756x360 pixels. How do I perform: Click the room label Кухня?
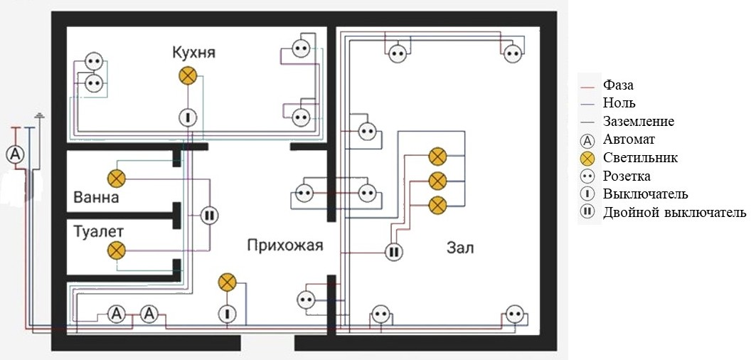pyautogui.click(x=194, y=52)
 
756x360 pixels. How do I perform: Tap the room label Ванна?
pyautogui.click(x=97, y=197)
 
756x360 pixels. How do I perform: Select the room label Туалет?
pyautogui.click(x=98, y=231)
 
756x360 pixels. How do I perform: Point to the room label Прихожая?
pyautogui.click(x=285, y=245)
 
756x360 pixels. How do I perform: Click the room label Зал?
pyautogui.click(x=460, y=248)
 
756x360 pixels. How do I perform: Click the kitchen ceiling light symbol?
pyautogui.click(x=188, y=75)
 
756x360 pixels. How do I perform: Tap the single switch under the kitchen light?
pyautogui.click(x=188, y=117)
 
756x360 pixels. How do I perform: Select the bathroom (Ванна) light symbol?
pyautogui.click(x=116, y=179)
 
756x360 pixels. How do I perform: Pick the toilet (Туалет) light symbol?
pyautogui.click(x=116, y=250)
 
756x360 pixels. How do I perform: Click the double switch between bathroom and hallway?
pyautogui.click(x=209, y=216)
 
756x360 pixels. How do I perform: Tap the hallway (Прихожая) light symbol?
pyautogui.click(x=227, y=282)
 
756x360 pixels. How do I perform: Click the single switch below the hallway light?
pyautogui.click(x=227, y=314)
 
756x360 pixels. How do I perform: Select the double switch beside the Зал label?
pyautogui.click(x=394, y=252)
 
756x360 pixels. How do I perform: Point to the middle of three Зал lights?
pyautogui.click(x=438, y=181)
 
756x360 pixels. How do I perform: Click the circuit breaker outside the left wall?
pyautogui.click(x=16, y=154)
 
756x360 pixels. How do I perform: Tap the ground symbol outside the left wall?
pyautogui.click(x=40, y=116)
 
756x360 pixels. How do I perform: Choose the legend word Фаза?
pyautogui.click(x=618, y=85)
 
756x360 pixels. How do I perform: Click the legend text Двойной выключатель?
pyautogui.click(x=674, y=212)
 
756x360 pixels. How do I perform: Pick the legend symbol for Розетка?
pyautogui.click(x=588, y=176)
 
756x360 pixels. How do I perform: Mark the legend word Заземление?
pyautogui.click(x=639, y=121)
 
